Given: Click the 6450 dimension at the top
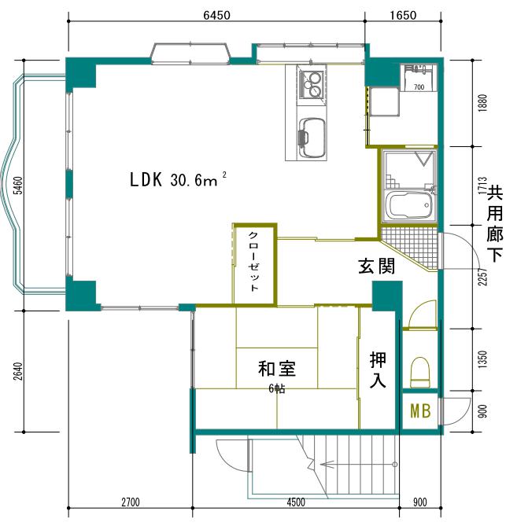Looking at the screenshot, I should (216, 14).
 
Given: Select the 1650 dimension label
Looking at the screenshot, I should (402, 14).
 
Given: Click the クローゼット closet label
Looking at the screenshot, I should (253, 263).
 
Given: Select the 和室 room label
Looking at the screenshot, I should (276, 368).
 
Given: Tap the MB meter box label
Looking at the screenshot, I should (419, 410).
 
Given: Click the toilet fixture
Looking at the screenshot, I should (420, 371).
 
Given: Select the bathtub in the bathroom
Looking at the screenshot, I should (410, 206).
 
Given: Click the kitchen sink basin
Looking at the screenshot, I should (311, 138).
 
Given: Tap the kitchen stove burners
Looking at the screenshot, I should (312, 84).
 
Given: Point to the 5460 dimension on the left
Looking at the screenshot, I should (17, 187).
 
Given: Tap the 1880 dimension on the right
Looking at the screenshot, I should (482, 101).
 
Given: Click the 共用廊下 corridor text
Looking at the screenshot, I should (494, 223).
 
